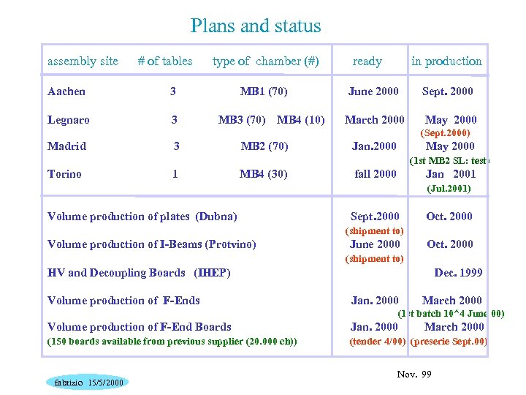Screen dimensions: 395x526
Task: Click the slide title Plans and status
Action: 256,26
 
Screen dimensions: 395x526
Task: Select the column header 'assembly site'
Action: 83,61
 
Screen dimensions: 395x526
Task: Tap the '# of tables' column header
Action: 165,61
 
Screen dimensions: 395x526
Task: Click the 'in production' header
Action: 446,61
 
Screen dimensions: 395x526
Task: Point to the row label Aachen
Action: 66,91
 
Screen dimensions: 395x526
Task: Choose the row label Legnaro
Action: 69,119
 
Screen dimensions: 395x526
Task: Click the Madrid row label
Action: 66,146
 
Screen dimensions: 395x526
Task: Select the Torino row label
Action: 64,174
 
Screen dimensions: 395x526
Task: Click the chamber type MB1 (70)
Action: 264,91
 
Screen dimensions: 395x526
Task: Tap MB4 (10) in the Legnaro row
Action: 301,119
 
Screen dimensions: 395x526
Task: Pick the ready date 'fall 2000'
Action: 375,174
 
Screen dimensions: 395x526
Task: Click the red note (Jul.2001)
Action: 449,189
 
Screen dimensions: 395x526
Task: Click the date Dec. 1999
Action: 458,273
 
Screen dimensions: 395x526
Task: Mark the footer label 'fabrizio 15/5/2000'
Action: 85,383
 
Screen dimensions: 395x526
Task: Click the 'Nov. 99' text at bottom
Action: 414,375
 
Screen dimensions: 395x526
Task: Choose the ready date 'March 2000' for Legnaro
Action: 374,119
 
